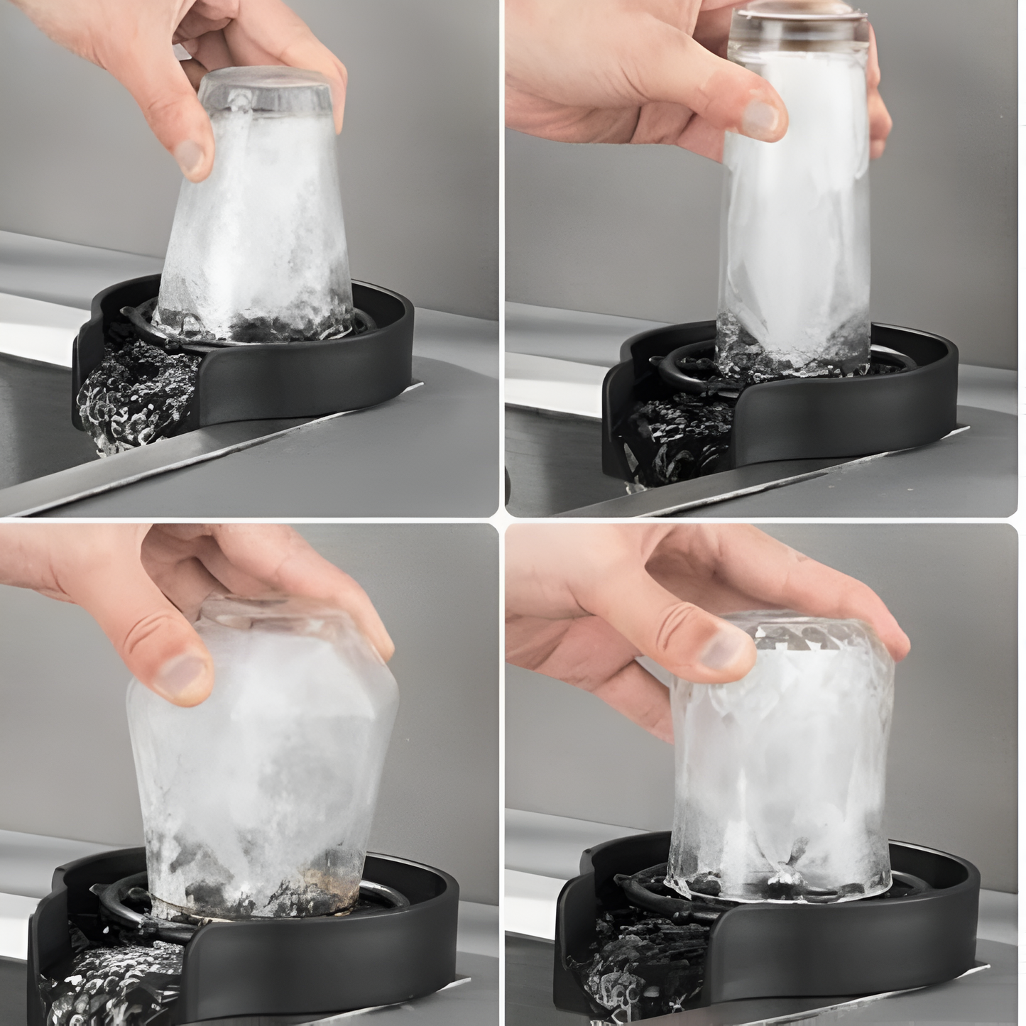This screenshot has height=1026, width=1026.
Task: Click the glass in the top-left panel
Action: click(x=256, y=234)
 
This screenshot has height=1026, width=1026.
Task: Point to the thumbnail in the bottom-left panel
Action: click(x=183, y=675)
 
